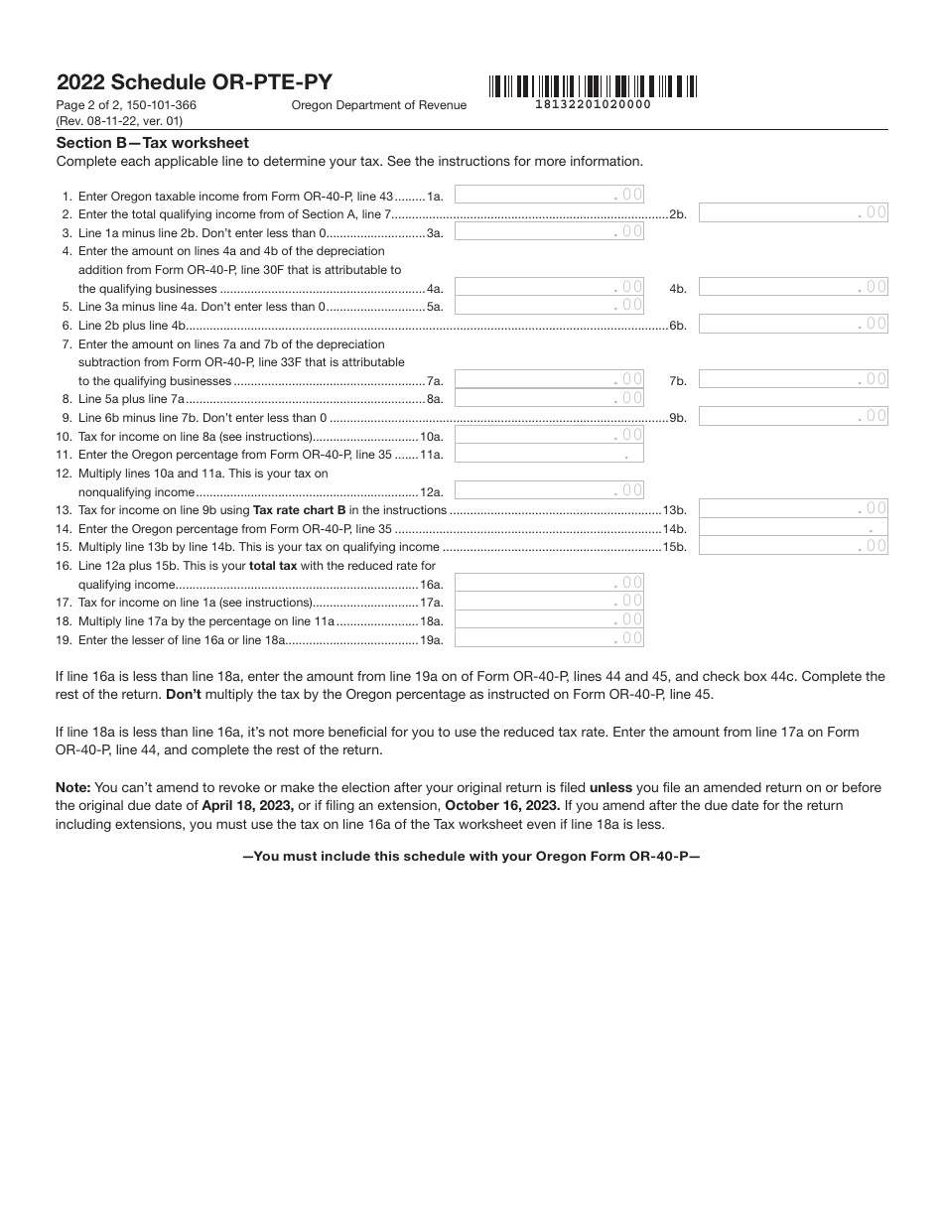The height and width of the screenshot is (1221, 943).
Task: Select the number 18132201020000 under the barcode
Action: (594, 104)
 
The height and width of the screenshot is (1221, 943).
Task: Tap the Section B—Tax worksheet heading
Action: (153, 143)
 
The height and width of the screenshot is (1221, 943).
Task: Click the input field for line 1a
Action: (549, 196)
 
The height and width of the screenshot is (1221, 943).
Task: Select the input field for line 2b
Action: (793, 212)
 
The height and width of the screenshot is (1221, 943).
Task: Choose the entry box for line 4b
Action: (793, 287)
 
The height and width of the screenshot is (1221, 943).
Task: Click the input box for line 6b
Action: (793, 324)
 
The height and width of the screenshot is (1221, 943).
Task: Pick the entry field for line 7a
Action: (549, 379)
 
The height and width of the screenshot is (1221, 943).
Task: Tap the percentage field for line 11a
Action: (549, 454)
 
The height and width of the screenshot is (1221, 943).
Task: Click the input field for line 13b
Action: (793, 509)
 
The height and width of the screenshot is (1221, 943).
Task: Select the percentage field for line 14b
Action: (793, 528)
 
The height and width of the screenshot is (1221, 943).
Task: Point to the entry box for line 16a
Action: (549, 584)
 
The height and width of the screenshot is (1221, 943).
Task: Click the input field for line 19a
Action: (549, 639)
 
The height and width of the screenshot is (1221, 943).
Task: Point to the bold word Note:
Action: (73, 787)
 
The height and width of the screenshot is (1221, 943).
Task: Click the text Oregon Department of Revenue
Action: (379, 105)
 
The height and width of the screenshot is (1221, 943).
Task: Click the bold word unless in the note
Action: (610, 787)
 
